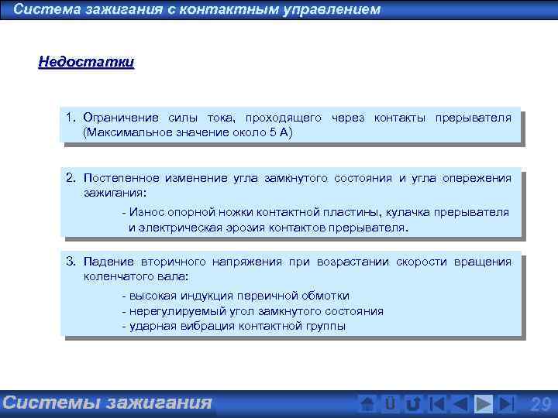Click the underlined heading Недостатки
[x=86, y=62]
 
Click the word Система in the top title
[x=46, y=10]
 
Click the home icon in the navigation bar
[x=368, y=404]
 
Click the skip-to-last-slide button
[x=507, y=404]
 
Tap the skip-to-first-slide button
[x=437, y=404]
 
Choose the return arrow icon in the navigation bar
[x=414, y=404]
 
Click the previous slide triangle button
[x=460, y=404]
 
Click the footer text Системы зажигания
[x=107, y=403]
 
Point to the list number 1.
[x=70, y=118]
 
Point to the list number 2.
[x=70, y=178]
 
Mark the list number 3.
[x=70, y=262]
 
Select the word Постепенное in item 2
[x=119, y=178]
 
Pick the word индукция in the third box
[x=211, y=296]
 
